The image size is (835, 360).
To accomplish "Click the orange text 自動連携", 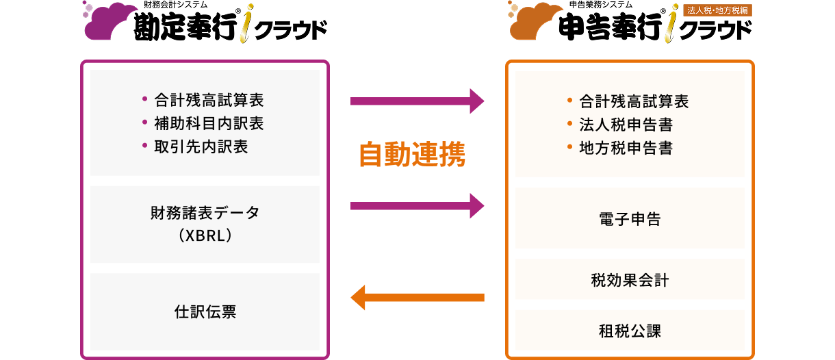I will [x=412, y=155].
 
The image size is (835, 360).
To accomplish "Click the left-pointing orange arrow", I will [x=417, y=297].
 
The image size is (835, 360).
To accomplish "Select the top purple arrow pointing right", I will [x=417, y=101].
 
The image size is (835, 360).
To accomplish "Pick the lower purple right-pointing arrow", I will [x=417, y=205].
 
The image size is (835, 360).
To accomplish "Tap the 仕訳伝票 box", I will [x=205, y=312].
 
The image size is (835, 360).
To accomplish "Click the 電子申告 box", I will [x=630, y=219].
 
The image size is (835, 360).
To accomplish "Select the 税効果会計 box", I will [x=630, y=280].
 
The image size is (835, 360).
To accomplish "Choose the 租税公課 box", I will [x=630, y=331].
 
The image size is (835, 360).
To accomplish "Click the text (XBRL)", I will [x=205, y=235].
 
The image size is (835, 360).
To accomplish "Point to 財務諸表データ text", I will [x=205, y=213].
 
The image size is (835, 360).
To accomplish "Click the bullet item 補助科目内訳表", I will [x=209, y=123].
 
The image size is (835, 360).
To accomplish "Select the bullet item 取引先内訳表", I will [x=201, y=146].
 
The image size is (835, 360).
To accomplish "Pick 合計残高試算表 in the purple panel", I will [x=209, y=100].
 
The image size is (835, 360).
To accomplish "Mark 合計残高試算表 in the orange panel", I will [x=634, y=101].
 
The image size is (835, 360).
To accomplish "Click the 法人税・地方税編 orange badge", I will [x=717, y=10].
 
